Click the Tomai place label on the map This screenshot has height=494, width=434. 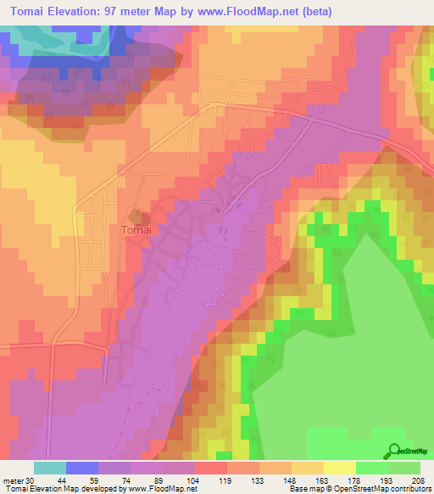point(136,230)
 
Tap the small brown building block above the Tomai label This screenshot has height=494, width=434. point(136,215)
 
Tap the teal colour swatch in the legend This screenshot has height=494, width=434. point(50,468)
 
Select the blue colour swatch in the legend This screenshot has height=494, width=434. point(82,468)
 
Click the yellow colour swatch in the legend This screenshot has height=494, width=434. point(339,468)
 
